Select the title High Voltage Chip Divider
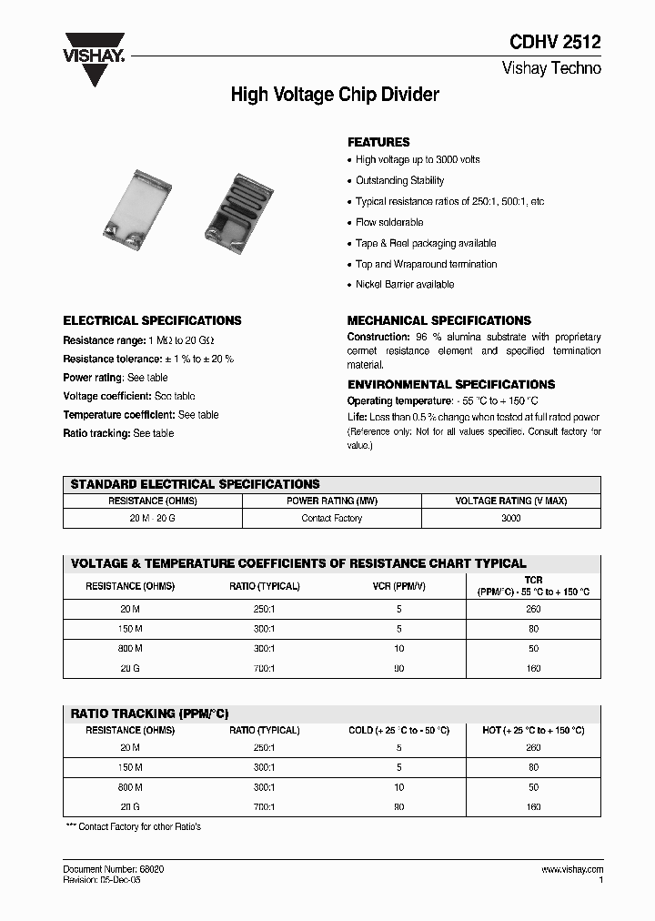tap(335, 95)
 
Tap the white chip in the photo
tap(147, 206)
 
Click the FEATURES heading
tap(378, 142)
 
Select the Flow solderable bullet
tap(388, 222)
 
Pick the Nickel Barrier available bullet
tap(404, 285)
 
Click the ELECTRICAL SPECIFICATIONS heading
tap(152, 320)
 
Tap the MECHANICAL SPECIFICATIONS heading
tap(438, 320)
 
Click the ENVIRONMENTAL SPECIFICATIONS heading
tap(451, 384)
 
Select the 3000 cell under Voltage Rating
tap(511, 518)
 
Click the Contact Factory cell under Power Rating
tap(332, 518)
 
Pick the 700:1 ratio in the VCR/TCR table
tap(264, 668)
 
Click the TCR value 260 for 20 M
tap(533, 610)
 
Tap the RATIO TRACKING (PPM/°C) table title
tap(149, 714)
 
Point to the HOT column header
tap(533, 730)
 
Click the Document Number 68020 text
tap(113, 870)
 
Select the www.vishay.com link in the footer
tap(570, 870)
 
